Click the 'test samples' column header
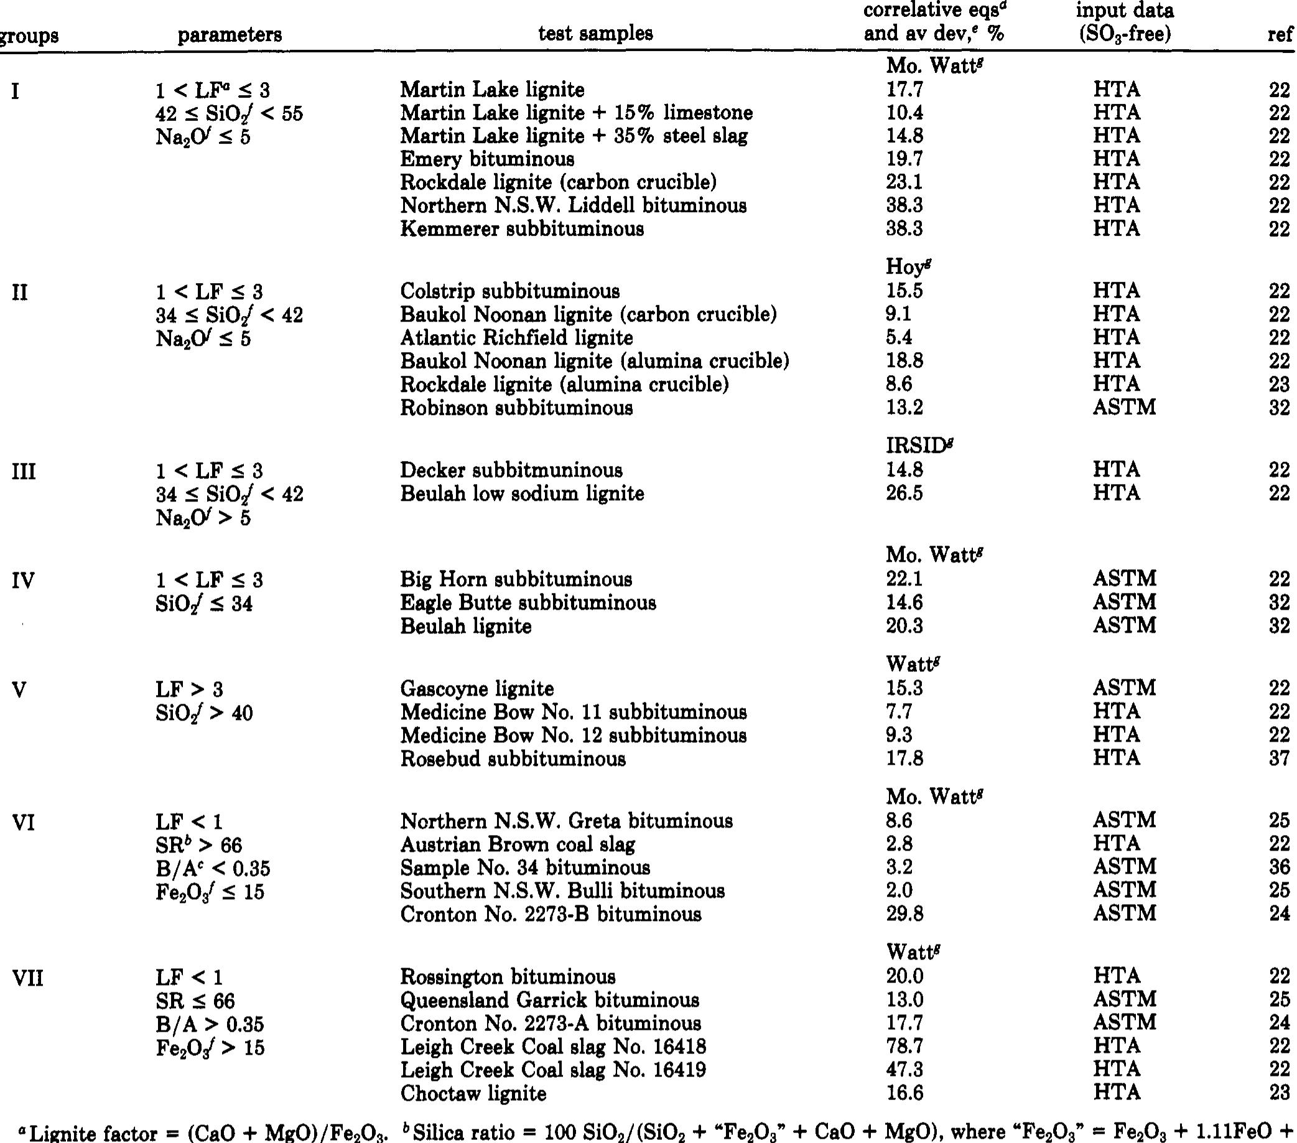pos(595,34)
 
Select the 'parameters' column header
pos(229,35)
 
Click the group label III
pos(24,472)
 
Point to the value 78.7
pos(904,1047)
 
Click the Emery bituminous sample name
pos(486,159)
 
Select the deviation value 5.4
pos(899,338)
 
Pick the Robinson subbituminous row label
pos(516,408)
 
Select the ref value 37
pos(1279,758)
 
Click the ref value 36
pos(1279,867)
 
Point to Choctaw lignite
pos(473,1093)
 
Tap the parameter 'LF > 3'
pos(189,689)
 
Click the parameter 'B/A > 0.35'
pos(210,1024)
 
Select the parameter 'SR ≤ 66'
pos(195,1001)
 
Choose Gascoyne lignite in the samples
pos(476,689)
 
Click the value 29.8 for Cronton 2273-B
pos(904,914)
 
